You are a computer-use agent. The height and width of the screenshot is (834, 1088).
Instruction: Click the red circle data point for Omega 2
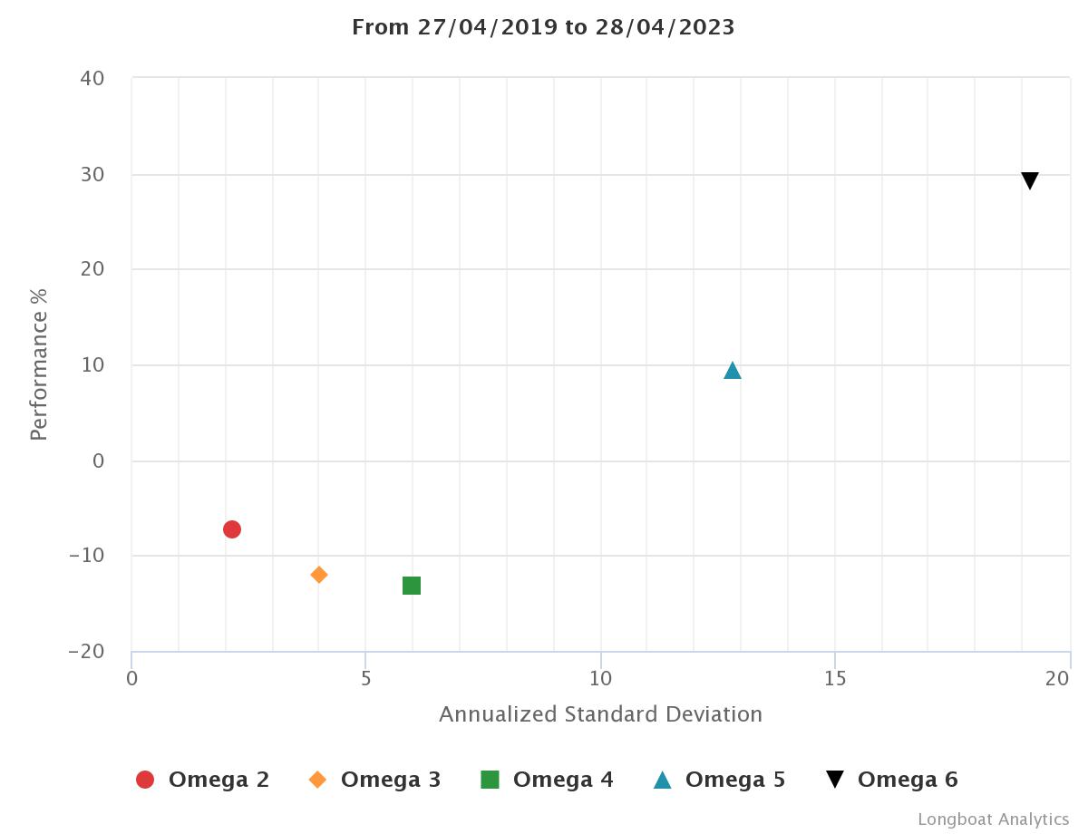coord(232,529)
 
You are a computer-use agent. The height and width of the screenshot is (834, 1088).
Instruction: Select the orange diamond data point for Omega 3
coord(319,575)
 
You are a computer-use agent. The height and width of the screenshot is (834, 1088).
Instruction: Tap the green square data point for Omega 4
coord(412,586)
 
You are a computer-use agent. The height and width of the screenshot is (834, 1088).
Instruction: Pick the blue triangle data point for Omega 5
coord(733,370)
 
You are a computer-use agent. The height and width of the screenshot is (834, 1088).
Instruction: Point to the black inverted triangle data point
coord(1030,180)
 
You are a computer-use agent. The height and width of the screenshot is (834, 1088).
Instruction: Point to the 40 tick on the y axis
coord(92,79)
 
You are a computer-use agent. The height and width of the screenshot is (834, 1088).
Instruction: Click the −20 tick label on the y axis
coord(87,652)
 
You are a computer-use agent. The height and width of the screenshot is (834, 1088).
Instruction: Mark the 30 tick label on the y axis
coord(92,174)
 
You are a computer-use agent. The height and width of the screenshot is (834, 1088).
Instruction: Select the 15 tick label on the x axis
coord(835,678)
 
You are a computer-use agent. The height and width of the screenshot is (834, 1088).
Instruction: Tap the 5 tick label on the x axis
coord(365,678)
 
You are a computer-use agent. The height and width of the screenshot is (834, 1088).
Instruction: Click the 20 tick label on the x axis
coord(1058,678)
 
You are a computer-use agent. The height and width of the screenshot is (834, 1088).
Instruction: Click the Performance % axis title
coord(38,364)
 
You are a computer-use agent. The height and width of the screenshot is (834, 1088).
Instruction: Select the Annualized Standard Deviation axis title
coord(600,714)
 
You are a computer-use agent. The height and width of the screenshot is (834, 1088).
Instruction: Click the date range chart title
coord(543,27)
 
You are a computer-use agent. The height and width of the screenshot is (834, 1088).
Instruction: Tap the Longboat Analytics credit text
coord(993,819)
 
